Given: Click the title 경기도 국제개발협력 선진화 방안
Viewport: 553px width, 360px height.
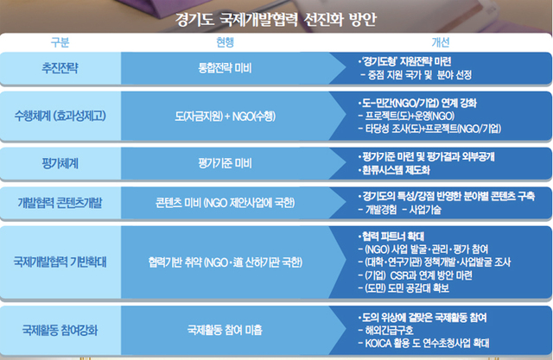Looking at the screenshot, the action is (276, 19).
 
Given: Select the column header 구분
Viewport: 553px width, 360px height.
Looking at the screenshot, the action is (60, 42).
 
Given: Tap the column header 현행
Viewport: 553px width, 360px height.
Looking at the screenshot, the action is (225, 42).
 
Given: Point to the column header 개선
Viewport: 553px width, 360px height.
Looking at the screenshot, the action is (441, 42).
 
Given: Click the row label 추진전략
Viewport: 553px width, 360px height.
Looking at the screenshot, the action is (60, 67).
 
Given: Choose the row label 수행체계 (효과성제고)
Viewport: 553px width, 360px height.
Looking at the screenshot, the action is (60, 116).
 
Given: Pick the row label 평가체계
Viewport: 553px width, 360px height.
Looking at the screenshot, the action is (60, 163).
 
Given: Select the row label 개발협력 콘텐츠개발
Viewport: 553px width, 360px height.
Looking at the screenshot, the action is (60, 203).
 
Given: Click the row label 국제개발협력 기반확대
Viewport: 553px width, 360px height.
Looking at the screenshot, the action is (60, 262).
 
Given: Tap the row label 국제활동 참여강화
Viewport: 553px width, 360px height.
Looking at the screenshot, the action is (60, 330).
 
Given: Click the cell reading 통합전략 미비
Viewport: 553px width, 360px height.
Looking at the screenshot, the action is (225, 67).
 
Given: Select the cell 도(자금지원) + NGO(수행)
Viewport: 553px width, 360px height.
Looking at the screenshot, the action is (225, 116).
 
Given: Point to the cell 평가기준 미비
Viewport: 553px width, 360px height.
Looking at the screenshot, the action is (225, 163).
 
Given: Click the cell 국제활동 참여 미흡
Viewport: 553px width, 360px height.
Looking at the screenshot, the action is (225, 330).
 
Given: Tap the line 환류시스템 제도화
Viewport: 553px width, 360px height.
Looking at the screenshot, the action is (394, 170).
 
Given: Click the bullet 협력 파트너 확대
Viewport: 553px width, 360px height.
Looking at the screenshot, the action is (391, 237).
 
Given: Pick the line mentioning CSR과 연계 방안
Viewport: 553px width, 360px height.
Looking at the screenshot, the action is (415, 275).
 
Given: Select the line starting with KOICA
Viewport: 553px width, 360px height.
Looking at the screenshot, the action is (423, 343).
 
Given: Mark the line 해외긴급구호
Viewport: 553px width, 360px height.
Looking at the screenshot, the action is (385, 331).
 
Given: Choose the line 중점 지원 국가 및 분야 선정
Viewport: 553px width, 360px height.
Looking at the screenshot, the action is (416, 75).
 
